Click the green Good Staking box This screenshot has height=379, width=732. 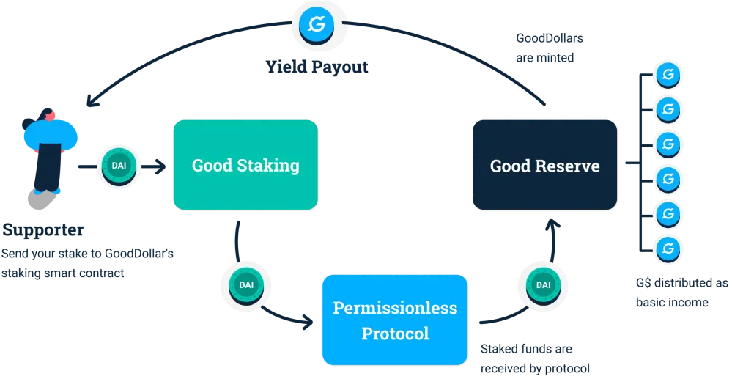[x=245, y=164]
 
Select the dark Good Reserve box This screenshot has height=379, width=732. [x=545, y=164]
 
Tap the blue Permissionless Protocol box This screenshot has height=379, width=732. [x=395, y=320]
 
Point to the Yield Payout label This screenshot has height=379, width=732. [x=317, y=67]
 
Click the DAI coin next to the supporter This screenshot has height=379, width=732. [x=119, y=166]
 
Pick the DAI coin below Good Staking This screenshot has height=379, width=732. [x=246, y=285]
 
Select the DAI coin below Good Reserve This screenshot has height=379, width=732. [x=543, y=285]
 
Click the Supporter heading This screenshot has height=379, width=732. [x=43, y=230]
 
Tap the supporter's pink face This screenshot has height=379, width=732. [x=50, y=115]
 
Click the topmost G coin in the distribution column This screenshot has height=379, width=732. [x=668, y=75]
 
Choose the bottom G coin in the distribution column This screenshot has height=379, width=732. [x=668, y=249]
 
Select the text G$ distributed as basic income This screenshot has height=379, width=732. [x=681, y=292]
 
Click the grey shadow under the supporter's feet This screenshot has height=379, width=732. [x=42, y=199]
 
